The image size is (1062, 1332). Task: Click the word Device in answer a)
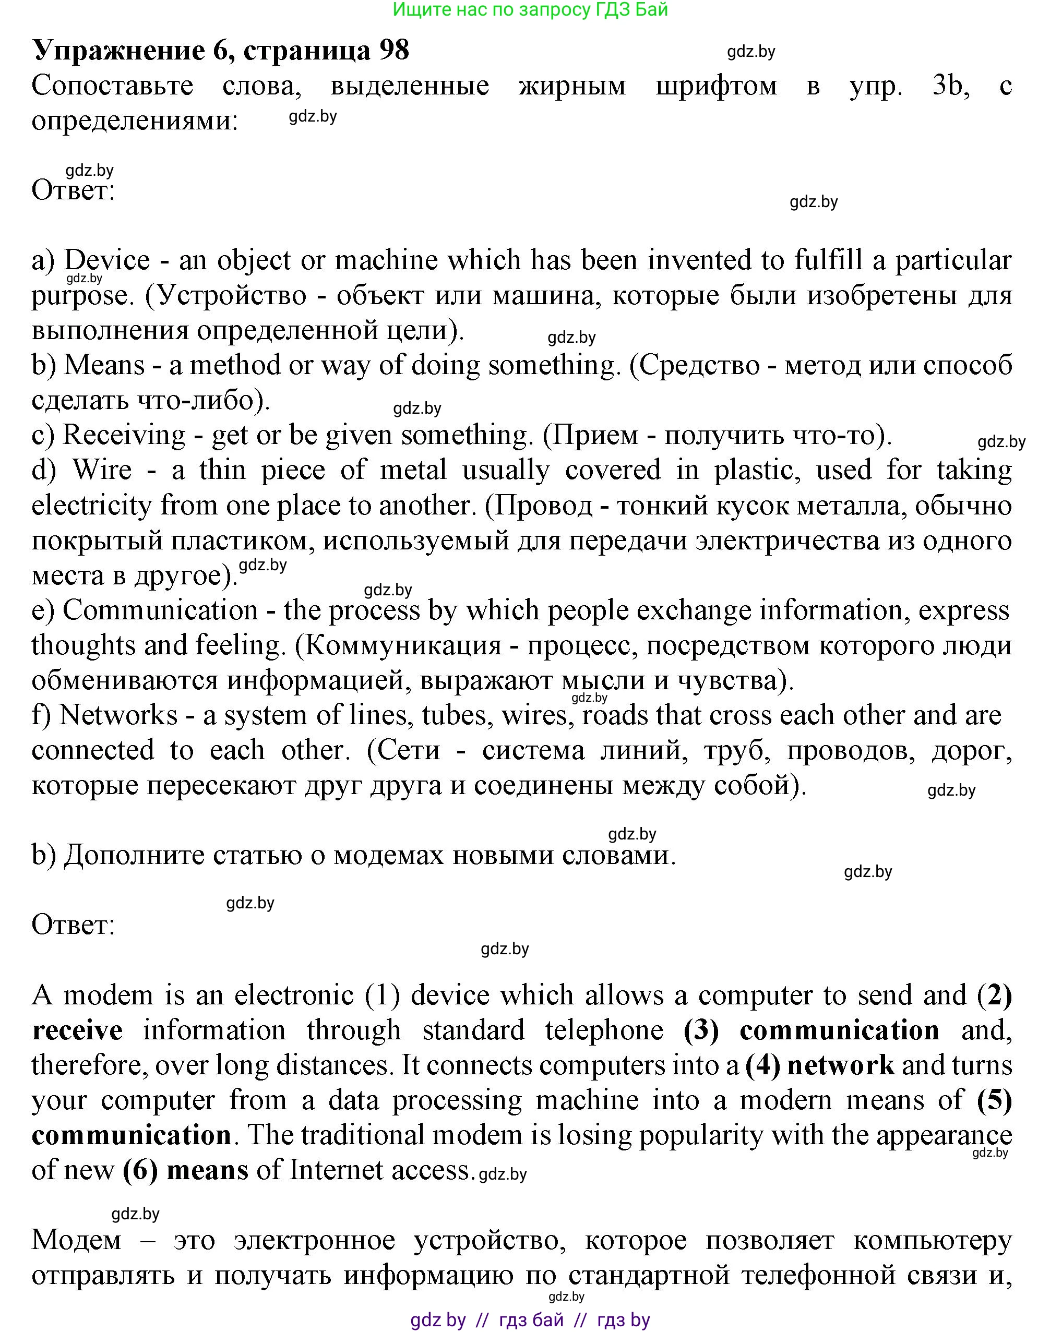point(107,260)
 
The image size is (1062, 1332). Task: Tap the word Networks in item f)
point(118,715)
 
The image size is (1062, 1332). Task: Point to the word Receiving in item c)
point(124,435)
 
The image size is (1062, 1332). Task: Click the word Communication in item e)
point(160,610)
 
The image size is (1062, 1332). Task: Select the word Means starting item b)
point(104,365)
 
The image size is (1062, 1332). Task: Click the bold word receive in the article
point(77,1030)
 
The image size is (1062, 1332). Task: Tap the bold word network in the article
point(840,1065)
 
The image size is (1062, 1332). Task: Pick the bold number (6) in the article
point(140,1170)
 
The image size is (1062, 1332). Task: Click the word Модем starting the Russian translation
point(77,1240)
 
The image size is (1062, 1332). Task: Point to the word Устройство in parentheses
point(232,295)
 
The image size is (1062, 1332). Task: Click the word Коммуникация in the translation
point(403,645)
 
